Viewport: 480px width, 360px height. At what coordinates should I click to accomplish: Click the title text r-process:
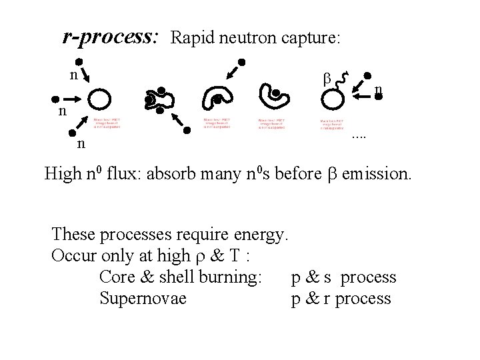click(110, 37)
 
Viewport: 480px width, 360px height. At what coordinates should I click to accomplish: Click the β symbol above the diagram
click(327, 77)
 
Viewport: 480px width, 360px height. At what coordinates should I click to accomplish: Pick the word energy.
click(258, 235)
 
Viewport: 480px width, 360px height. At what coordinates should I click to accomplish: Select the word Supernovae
click(143, 298)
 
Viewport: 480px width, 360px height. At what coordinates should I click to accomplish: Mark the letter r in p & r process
click(328, 298)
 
